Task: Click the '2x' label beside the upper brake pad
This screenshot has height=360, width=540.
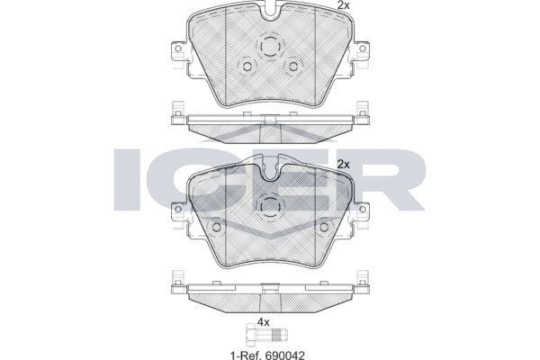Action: tap(342, 6)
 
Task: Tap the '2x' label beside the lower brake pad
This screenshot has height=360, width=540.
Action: tap(342, 165)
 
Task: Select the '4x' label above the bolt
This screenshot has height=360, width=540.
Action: tap(264, 321)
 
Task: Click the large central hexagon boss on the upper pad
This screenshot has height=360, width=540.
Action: tap(269, 48)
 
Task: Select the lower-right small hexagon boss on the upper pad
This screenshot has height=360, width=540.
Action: tap(292, 67)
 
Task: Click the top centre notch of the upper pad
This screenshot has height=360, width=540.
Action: tap(269, 13)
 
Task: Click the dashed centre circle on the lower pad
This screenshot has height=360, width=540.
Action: tap(269, 206)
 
